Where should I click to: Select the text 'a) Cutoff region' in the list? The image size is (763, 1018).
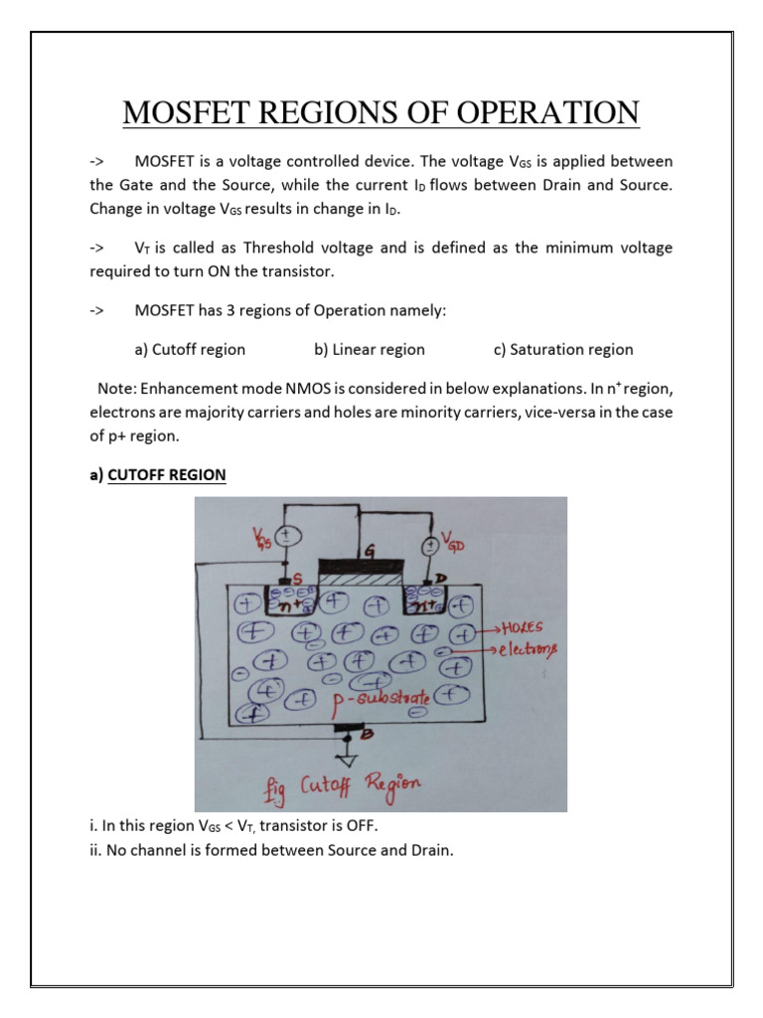[189, 349]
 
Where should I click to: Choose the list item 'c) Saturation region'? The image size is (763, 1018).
[562, 349]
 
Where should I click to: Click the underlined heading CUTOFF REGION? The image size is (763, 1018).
[167, 475]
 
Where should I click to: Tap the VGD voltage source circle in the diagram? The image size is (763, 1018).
[431, 546]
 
